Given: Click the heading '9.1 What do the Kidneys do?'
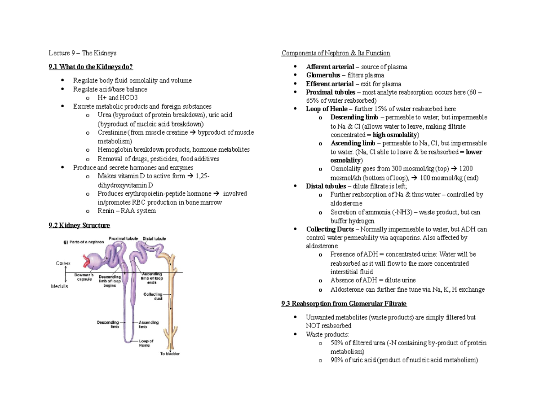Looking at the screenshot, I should [x=91, y=67].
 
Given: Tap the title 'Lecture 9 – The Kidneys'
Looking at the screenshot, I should [x=83, y=53].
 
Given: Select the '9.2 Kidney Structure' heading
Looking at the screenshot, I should [x=79, y=225].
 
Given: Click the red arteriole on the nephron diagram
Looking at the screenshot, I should [x=87, y=260].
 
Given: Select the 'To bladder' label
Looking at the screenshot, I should [x=170, y=353].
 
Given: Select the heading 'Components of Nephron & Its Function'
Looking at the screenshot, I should [x=336, y=53].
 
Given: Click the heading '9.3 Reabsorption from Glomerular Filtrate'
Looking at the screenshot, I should [x=344, y=304].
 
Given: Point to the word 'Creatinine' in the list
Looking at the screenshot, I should [x=112, y=132].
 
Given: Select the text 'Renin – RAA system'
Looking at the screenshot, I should [x=127, y=210].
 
